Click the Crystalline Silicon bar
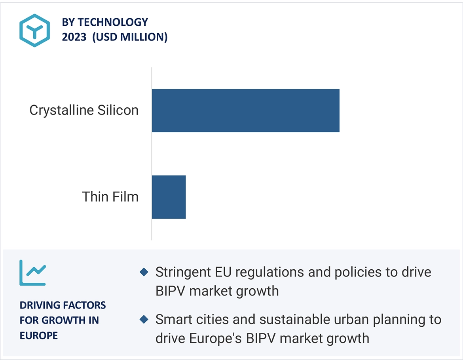246,110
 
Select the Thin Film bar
169,197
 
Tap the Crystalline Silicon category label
84,110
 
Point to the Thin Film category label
110,196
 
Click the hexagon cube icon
34,30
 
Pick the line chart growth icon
33,273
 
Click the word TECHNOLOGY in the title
113,22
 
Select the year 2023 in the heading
74,37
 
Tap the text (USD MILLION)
130,37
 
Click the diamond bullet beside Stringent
144,272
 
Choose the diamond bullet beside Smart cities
144,319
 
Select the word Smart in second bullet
172,320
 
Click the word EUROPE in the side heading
39,335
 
